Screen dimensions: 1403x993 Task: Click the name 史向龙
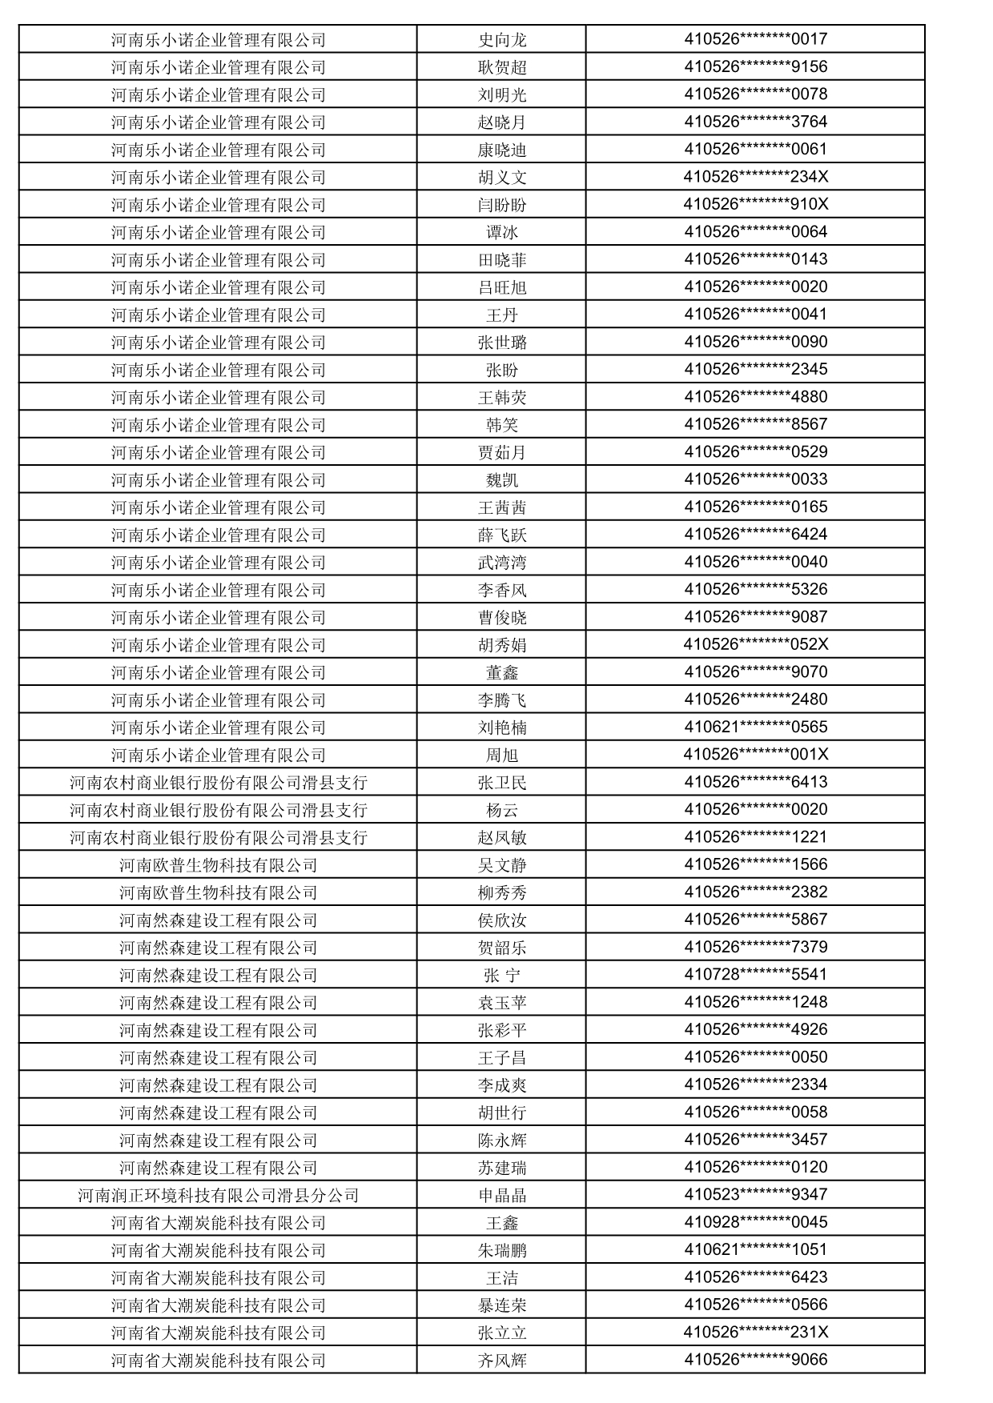[502, 39]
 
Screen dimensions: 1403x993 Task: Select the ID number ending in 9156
[755, 66]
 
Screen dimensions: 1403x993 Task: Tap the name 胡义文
[502, 177]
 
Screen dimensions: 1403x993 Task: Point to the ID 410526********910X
[755, 204]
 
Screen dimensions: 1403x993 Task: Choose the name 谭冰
[502, 232]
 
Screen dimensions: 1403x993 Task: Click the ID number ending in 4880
[755, 397]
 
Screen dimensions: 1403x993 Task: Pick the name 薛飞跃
[502, 535]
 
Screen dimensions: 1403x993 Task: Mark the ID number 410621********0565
[755, 727]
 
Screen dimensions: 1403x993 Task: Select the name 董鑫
[502, 672]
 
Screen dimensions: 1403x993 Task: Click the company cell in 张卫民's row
[218, 782]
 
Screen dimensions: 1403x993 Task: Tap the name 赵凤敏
[502, 837]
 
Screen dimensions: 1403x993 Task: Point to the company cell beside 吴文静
[218, 865]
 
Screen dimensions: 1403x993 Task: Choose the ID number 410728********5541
[755, 975]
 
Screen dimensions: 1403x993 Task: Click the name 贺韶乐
[502, 948]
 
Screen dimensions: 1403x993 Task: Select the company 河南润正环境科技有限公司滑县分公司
[218, 1195]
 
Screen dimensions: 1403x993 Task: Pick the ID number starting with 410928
[755, 1222]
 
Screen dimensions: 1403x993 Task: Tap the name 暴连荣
[502, 1305]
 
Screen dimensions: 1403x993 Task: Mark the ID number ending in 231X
[755, 1332]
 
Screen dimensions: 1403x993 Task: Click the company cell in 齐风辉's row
[218, 1360]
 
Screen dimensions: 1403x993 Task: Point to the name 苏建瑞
[502, 1168]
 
